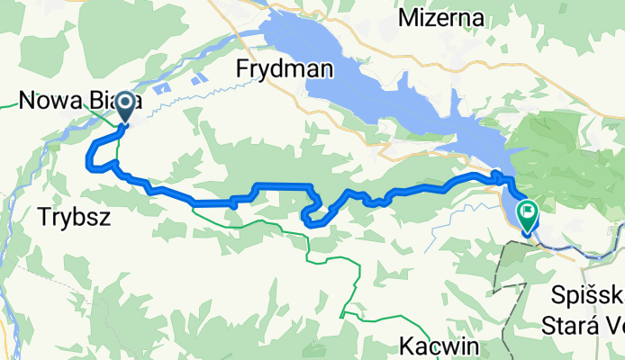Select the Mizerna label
click(x=440, y=17)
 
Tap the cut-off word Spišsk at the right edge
click(x=585, y=296)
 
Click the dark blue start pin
click(x=123, y=106)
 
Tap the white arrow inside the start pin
click(x=123, y=104)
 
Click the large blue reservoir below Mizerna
click(x=378, y=85)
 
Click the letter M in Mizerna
click(x=407, y=17)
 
